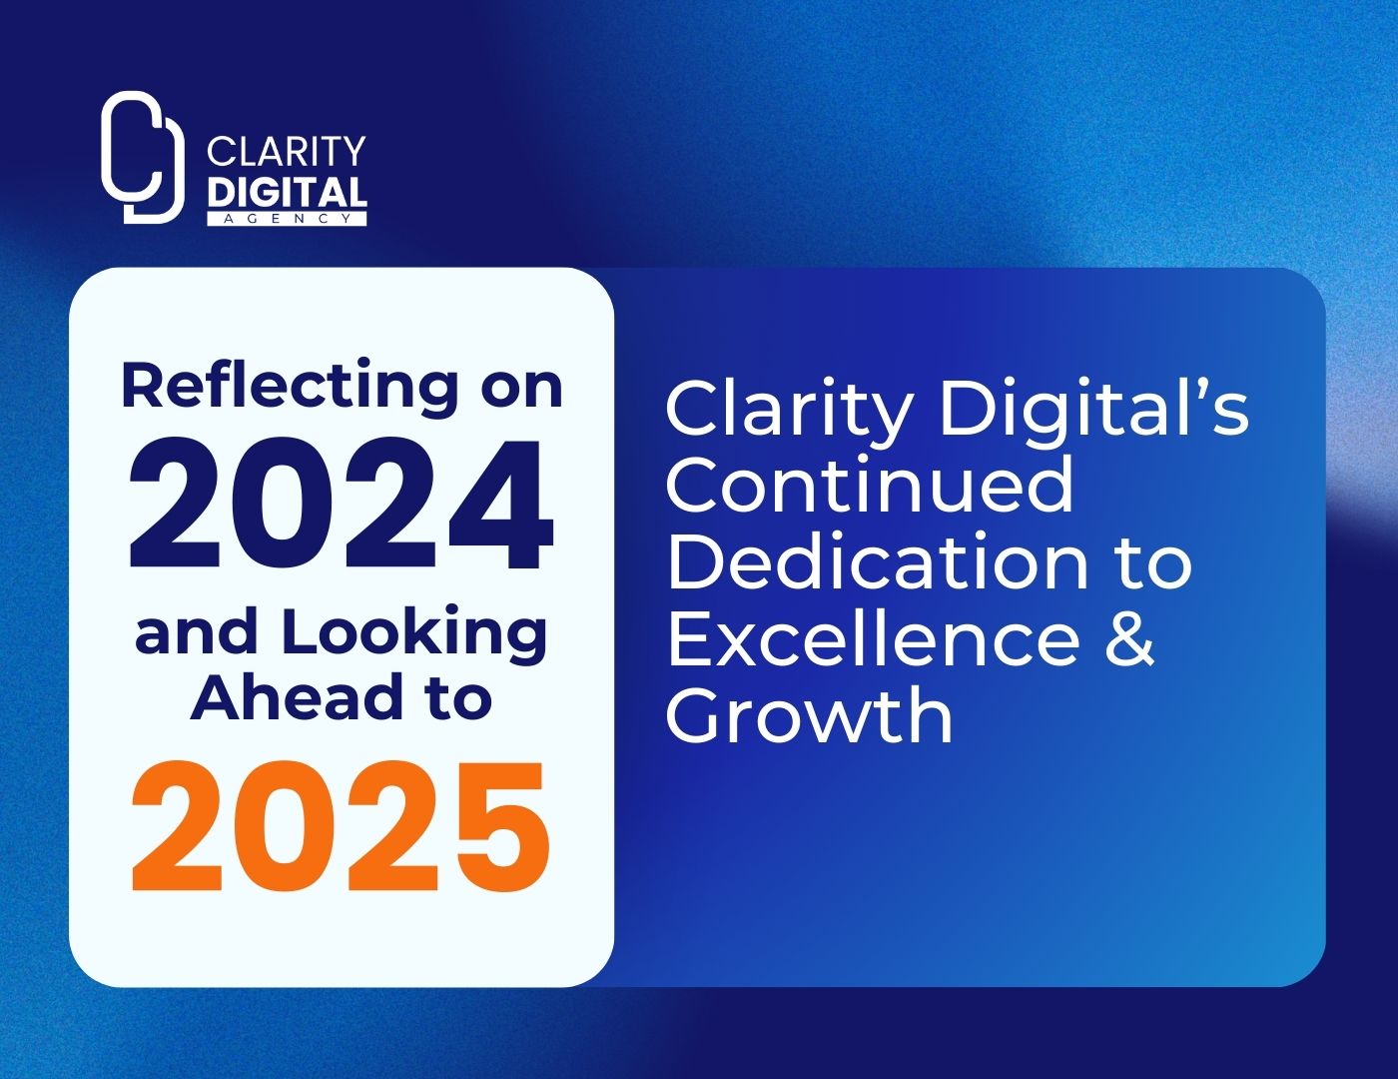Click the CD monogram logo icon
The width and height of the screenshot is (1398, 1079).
pos(143,157)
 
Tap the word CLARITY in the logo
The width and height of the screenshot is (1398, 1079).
pos(287,152)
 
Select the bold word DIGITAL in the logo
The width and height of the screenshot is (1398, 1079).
pos(287,192)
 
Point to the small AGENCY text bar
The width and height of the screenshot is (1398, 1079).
pos(287,218)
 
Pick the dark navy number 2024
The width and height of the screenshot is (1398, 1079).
pos(341,504)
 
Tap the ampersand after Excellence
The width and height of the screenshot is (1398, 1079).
pos(1130,638)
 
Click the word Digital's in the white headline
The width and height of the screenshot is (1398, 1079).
pos(1094,412)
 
